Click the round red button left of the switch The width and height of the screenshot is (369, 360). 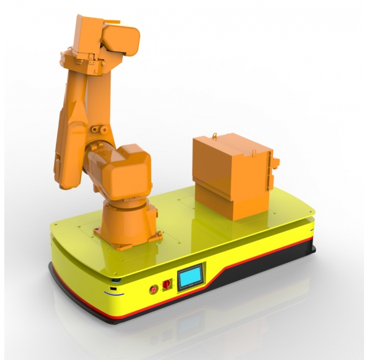(x=153, y=287)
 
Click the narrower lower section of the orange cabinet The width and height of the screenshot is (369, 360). (x=231, y=203)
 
